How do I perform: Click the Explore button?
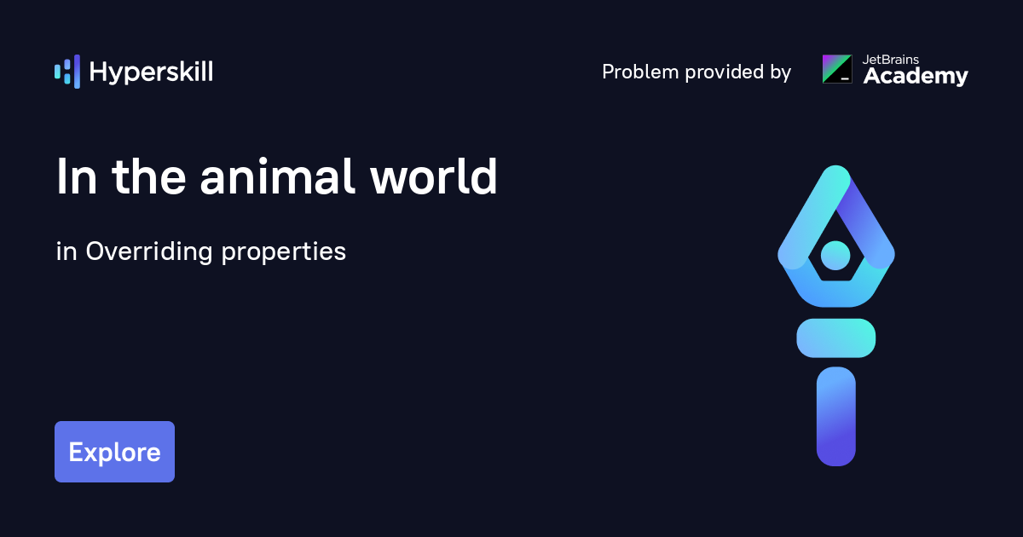[114, 452]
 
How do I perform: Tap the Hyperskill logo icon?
[67, 72]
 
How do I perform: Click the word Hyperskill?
[151, 72]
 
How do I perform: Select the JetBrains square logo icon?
[837, 69]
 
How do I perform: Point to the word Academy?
[916, 76]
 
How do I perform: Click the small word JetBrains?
[891, 60]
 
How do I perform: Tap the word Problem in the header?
[640, 72]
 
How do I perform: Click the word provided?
[725, 72]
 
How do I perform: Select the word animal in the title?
[277, 176]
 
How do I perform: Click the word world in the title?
[433, 176]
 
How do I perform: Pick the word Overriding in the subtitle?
[149, 251]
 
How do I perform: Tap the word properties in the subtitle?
[284, 252]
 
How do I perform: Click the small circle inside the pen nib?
[835, 255]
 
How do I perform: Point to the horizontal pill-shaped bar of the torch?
[835, 338]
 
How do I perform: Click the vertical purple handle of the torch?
[835, 416]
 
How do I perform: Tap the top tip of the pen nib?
[835, 166]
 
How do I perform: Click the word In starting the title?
[77, 176]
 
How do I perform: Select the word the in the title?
[149, 176]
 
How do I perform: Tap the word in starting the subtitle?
[66, 251]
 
